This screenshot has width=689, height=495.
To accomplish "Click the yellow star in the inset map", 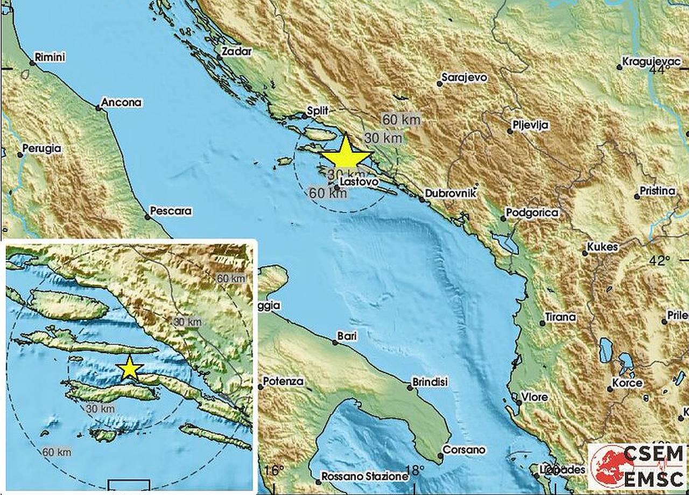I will pyautogui.click(x=130, y=369).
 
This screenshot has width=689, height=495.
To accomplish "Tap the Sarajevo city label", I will pyautogui.click(x=464, y=77).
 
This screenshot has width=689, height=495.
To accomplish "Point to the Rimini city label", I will pyautogui.click(x=49, y=56).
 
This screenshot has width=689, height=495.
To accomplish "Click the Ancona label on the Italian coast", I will pyautogui.click(x=121, y=102).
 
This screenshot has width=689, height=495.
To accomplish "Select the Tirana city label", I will pyautogui.click(x=560, y=317).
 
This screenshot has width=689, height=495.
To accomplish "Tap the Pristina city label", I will pyautogui.click(x=657, y=191).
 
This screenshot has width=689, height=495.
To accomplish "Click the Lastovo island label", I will pyautogui.click(x=360, y=183).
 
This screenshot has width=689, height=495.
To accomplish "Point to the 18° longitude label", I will pyautogui.click(x=413, y=471).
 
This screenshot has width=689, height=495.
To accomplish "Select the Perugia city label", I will pyautogui.click(x=42, y=148).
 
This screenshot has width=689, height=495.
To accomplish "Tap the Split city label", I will pyautogui.click(x=317, y=110).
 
